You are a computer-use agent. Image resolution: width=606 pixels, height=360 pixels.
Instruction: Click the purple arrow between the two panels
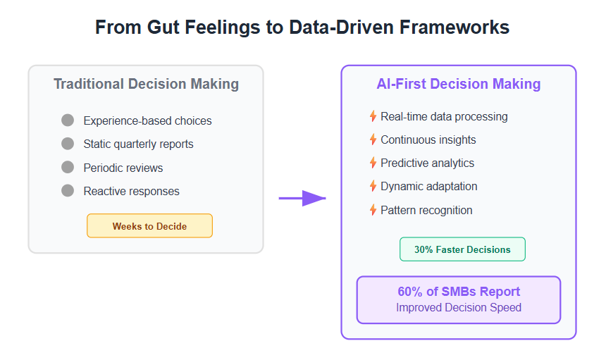pyautogui.click(x=302, y=198)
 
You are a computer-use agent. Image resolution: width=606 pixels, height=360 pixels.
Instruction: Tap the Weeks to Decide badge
pyautogui.click(x=149, y=226)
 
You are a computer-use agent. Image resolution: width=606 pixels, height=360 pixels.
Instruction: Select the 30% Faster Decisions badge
pyautogui.click(x=462, y=249)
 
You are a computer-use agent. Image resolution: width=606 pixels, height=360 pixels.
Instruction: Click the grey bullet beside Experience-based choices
pyautogui.click(x=68, y=120)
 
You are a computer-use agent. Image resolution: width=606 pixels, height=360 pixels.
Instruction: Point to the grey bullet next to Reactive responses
pyautogui.click(x=68, y=190)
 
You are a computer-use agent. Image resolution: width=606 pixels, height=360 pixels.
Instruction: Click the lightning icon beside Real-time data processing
pyautogui.click(x=373, y=116)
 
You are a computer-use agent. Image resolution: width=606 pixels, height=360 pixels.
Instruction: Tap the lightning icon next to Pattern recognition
pyautogui.click(x=373, y=210)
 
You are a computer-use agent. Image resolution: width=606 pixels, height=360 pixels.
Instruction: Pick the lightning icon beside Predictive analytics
pyautogui.click(x=373, y=163)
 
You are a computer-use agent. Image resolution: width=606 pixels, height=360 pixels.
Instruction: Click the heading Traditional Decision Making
pyautogui.click(x=146, y=84)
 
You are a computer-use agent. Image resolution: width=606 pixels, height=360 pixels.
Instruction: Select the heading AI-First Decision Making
pyautogui.click(x=458, y=84)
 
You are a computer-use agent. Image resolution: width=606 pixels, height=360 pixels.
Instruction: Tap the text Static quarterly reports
pyautogui.click(x=138, y=144)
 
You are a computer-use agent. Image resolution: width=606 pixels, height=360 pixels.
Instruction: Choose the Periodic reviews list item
pyautogui.click(x=123, y=168)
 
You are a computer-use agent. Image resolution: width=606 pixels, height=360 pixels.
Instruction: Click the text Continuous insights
pyautogui.click(x=428, y=139)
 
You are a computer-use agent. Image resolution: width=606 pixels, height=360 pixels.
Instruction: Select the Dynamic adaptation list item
pyautogui.click(x=429, y=186)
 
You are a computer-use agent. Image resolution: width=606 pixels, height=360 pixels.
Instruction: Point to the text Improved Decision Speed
pyautogui.click(x=459, y=307)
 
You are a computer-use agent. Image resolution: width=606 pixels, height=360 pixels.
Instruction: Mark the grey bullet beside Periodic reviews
pyautogui.click(x=68, y=167)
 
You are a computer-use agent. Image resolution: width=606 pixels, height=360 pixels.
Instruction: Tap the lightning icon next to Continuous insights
pyautogui.click(x=373, y=139)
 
